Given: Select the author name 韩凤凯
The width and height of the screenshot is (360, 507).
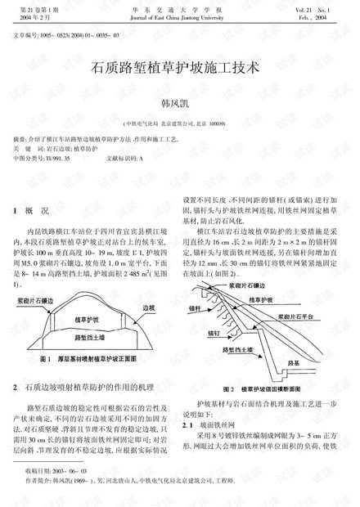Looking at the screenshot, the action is click(179, 104).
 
